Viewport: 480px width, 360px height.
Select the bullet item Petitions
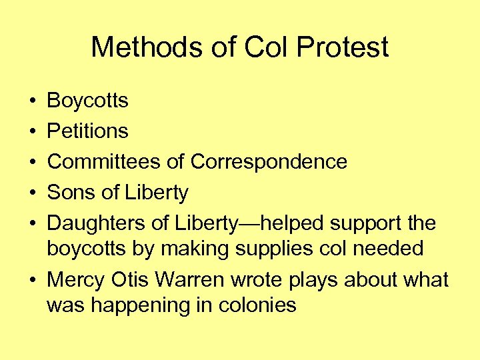point(87,131)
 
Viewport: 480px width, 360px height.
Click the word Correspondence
point(269,161)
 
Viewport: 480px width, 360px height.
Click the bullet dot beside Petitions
point(32,131)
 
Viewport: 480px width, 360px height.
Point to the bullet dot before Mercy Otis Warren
point(32,281)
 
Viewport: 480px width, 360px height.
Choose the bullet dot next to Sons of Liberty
point(32,193)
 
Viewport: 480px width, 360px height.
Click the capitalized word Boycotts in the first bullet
point(87,101)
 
